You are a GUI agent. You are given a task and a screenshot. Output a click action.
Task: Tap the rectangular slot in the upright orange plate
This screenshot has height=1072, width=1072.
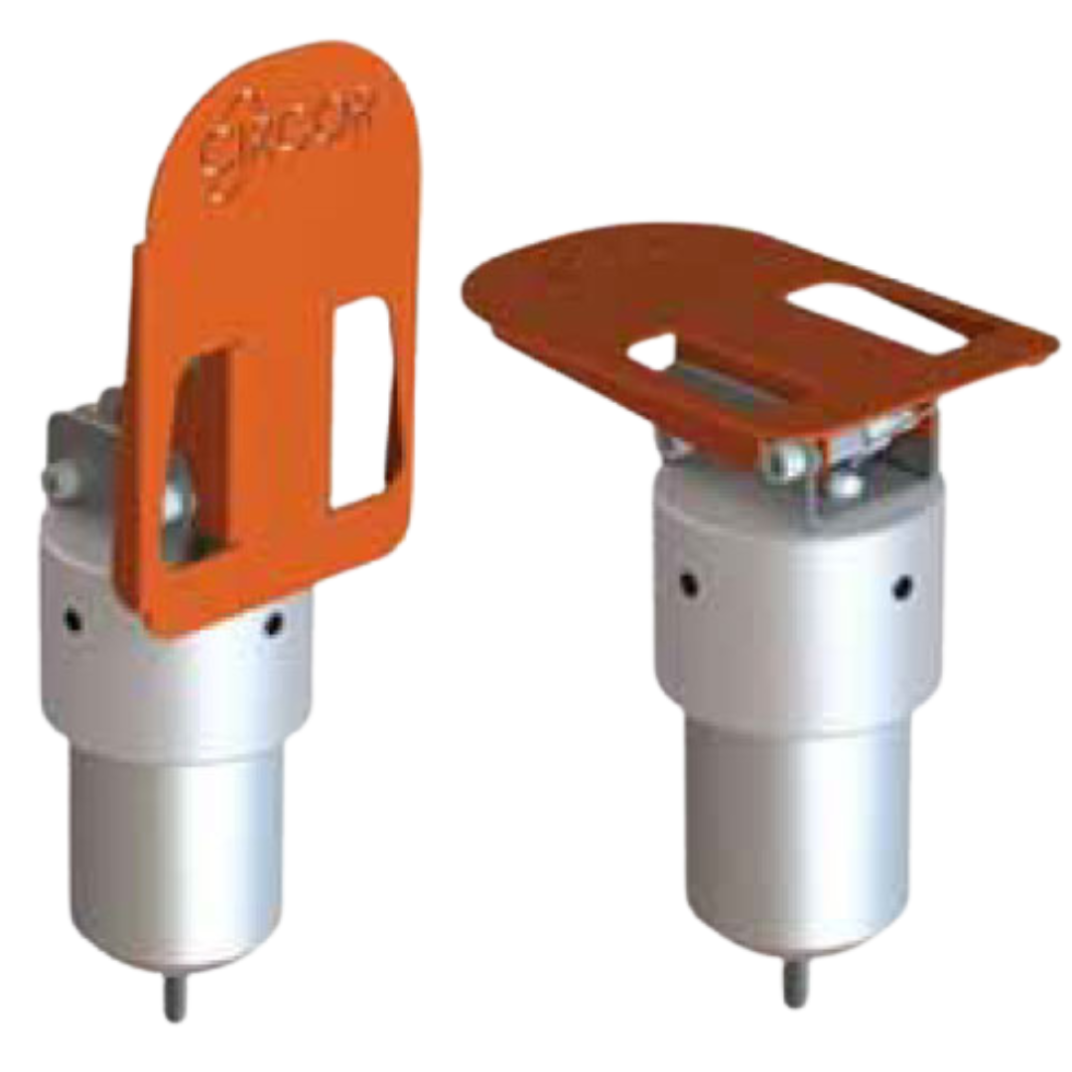point(363,403)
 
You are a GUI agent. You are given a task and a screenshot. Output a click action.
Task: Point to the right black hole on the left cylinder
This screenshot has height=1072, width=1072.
point(274,624)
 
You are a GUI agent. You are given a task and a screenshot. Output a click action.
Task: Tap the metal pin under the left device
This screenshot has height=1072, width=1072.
point(175,998)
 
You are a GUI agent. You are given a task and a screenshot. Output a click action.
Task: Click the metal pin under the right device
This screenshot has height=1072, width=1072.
point(794,983)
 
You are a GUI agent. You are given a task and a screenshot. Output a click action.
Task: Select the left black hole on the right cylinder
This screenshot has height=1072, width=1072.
point(687,585)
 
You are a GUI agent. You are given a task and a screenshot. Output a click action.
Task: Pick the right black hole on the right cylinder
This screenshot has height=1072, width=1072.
point(902,588)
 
